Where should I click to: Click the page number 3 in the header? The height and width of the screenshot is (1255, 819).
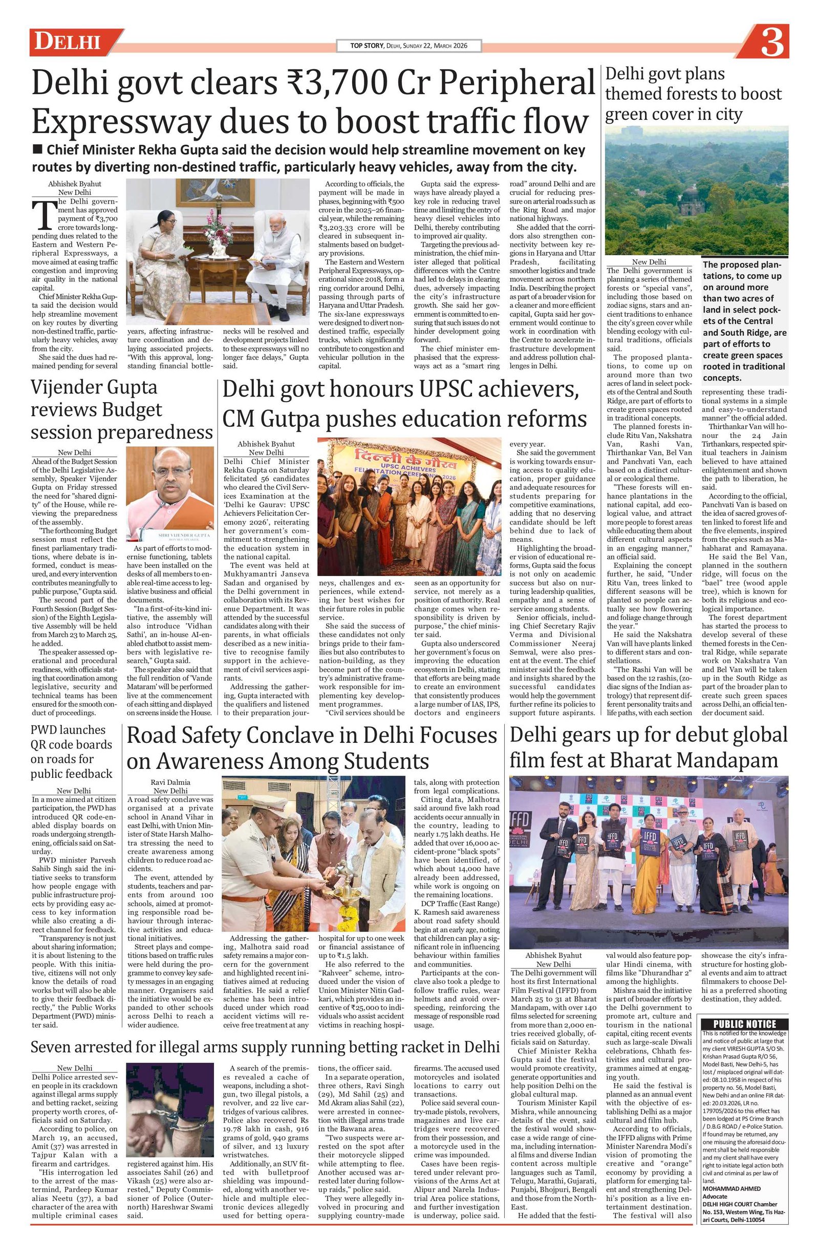(771, 43)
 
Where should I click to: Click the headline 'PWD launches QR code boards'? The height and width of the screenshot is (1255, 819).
(71, 752)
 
